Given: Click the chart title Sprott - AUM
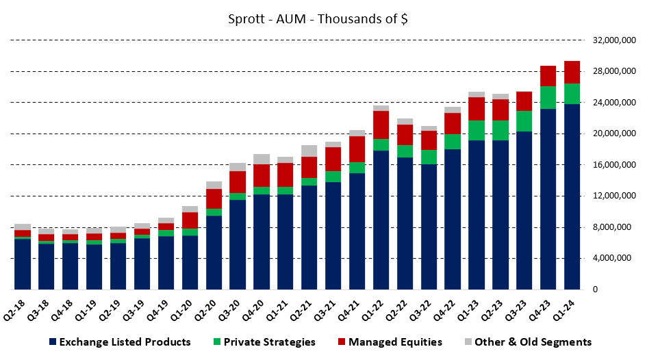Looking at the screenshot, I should [318, 18].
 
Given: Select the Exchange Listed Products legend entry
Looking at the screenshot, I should [119, 342].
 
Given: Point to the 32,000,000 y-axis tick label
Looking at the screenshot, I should [611, 40].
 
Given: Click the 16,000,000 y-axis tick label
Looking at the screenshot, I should [611, 165].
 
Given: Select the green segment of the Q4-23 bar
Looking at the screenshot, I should [548, 97].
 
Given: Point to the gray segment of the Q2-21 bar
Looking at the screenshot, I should [309, 151].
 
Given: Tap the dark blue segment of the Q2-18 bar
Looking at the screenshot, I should [23, 264].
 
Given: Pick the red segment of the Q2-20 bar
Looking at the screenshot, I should [214, 198].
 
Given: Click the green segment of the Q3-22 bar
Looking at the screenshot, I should [429, 157].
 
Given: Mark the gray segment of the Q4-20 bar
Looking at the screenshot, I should [262, 159].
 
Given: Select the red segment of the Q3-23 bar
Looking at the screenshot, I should [524, 101].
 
